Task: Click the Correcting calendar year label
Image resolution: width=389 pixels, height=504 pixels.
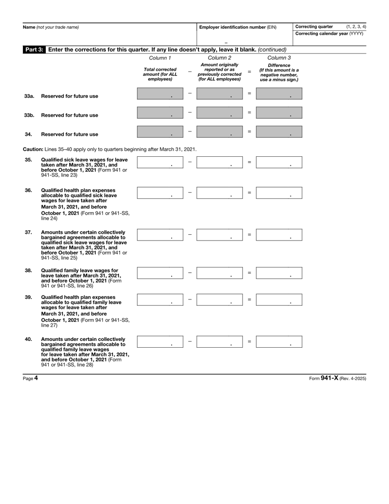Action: (328, 34)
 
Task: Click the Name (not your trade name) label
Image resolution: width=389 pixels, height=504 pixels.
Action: (51, 26)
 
